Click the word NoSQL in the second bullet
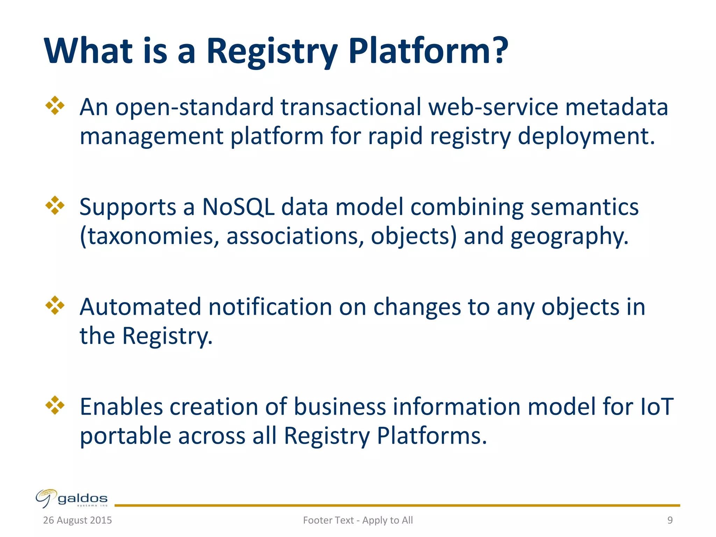238,207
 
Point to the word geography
569,237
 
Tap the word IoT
656,407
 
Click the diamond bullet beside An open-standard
55,105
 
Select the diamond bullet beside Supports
55,205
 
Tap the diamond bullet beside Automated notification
55,305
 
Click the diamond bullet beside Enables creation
55,405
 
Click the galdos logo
72,498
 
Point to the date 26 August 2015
77,520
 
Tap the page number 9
670,520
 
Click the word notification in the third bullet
270,307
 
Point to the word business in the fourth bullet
339,407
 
